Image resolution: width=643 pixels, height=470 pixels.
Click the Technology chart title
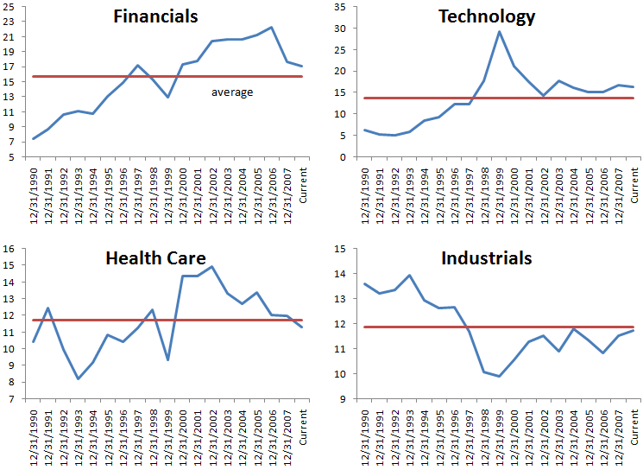[487, 16]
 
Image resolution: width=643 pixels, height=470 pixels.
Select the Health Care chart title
[155, 257]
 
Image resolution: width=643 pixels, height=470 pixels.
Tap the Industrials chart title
[487, 257]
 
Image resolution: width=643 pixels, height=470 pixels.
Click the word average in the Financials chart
[232, 92]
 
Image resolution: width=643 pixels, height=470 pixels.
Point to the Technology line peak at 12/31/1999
[500, 31]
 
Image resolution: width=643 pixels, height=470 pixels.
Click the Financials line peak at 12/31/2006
[272, 27]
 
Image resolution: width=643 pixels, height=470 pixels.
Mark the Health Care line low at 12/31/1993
[78, 378]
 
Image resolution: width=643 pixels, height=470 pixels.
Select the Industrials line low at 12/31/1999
[500, 376]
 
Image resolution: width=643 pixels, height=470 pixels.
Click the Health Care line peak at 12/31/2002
[212, 266]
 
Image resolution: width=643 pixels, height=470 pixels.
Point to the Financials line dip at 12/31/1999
[167, 97]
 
